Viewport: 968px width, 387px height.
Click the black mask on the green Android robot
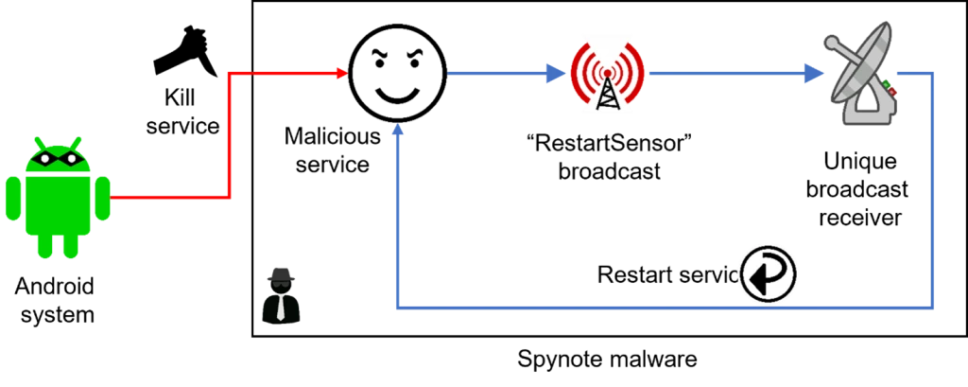[x=59, y=158]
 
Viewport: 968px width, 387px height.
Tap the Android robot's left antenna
[x=39, y=143]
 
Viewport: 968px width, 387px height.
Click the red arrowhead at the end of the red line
[x=340, y=73]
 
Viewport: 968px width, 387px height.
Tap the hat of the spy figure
[x=282, y=273]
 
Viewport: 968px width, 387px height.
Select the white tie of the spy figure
[x=281, y=308]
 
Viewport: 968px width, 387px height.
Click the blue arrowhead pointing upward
[x=399, y=130]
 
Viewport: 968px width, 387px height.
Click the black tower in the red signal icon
[x=606, y=90]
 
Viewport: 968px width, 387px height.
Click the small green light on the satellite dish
[x=887, y=84]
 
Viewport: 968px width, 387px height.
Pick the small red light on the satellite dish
[x=893, y=93]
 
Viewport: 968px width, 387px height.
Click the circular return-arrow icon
[x=769, y=273]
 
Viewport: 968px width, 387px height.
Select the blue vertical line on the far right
[x=934, y=189]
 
